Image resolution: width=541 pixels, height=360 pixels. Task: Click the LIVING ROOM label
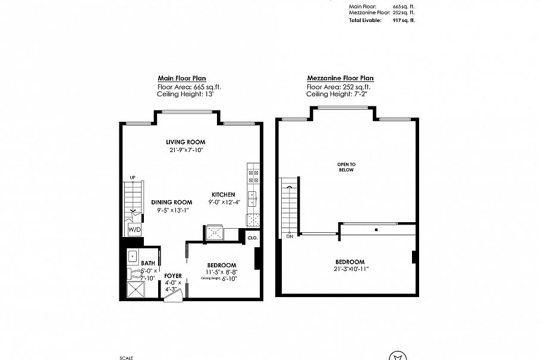185,142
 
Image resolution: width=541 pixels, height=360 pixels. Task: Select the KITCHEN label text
224,194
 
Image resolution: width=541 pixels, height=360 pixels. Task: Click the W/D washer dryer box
135,229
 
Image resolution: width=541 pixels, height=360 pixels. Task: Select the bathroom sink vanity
133,256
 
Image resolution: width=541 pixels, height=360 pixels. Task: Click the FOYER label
173,276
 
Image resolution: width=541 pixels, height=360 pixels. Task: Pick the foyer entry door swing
173,294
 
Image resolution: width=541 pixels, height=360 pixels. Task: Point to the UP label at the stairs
133,178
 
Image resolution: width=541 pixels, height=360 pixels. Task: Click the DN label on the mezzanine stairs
290,236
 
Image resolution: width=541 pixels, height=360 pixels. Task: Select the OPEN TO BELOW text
346,167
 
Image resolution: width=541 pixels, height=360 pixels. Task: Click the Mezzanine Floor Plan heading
340,78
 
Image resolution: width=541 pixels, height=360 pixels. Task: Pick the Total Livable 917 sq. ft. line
381,20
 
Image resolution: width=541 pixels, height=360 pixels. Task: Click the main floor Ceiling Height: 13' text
182,94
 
